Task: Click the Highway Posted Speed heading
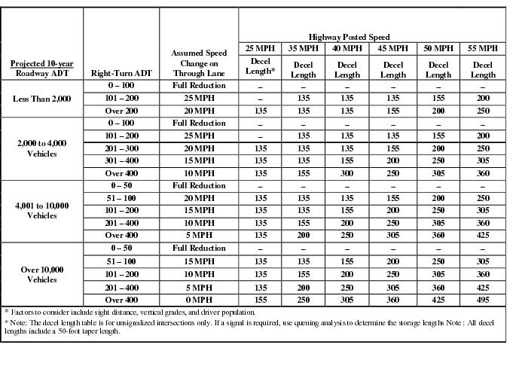tap(371, 36)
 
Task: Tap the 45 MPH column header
tap(392, 48)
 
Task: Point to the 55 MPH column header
tap(483, 48)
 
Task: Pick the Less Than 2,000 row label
tap(42, 98)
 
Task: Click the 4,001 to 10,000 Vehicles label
tap(42, 210)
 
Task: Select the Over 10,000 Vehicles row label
tap(42, 274)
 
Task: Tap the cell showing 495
tap(483, 300)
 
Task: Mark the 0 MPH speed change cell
tap(199, 300)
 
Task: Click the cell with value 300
tap(347, 172)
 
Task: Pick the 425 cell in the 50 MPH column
tap(438, 300)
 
